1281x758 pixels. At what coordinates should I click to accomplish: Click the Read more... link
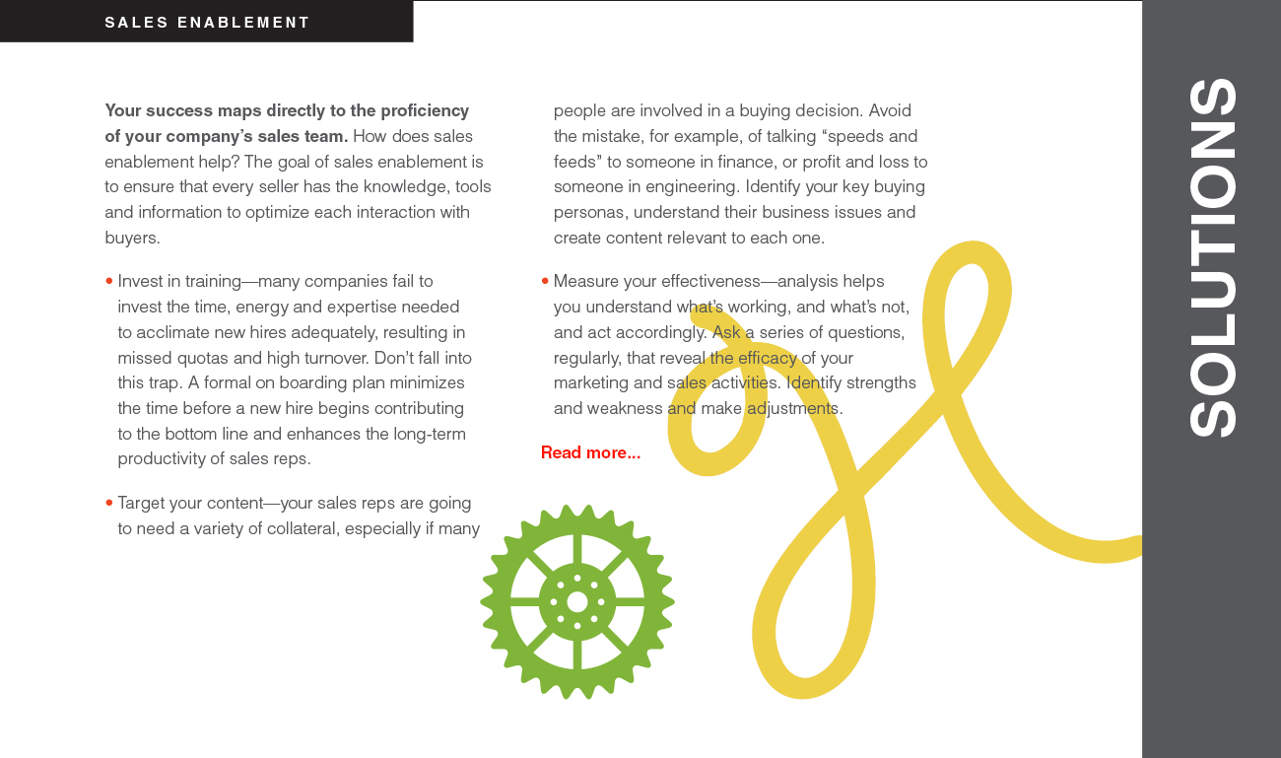click(x=590, y=452)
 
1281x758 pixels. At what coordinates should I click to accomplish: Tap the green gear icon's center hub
click(x=577, y=601)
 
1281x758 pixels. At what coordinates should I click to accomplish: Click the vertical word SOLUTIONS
click(x=1212, y=257)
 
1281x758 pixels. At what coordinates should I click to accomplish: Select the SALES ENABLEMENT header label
click(x=207, y=22)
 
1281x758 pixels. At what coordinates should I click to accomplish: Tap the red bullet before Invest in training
click(x=108, y=282)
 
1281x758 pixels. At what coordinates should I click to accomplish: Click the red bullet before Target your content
click(x=108, y=504)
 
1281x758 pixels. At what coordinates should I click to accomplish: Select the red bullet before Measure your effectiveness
click(x=545, y=282)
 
